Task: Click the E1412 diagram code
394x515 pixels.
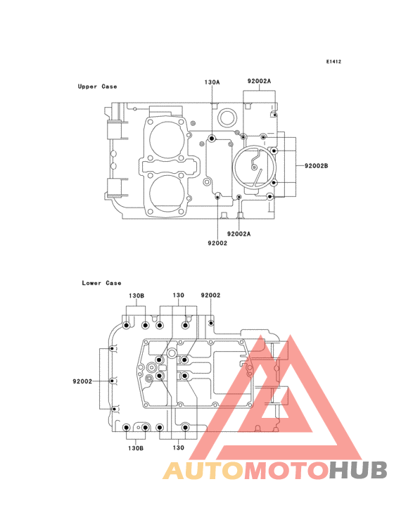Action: [333, 61]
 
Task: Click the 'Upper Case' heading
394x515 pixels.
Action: [98, 87]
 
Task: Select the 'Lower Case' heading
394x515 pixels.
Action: [101, 283]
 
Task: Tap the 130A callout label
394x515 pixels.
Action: [212, 82]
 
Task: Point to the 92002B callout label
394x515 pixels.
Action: [316, 166]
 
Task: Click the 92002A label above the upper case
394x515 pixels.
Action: [259, 81]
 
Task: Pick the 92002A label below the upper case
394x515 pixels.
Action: [239, 234]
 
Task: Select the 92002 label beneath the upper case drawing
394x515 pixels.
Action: [217, 243]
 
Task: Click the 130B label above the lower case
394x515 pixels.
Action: [136, 295]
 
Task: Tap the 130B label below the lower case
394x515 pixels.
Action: [136, 448]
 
